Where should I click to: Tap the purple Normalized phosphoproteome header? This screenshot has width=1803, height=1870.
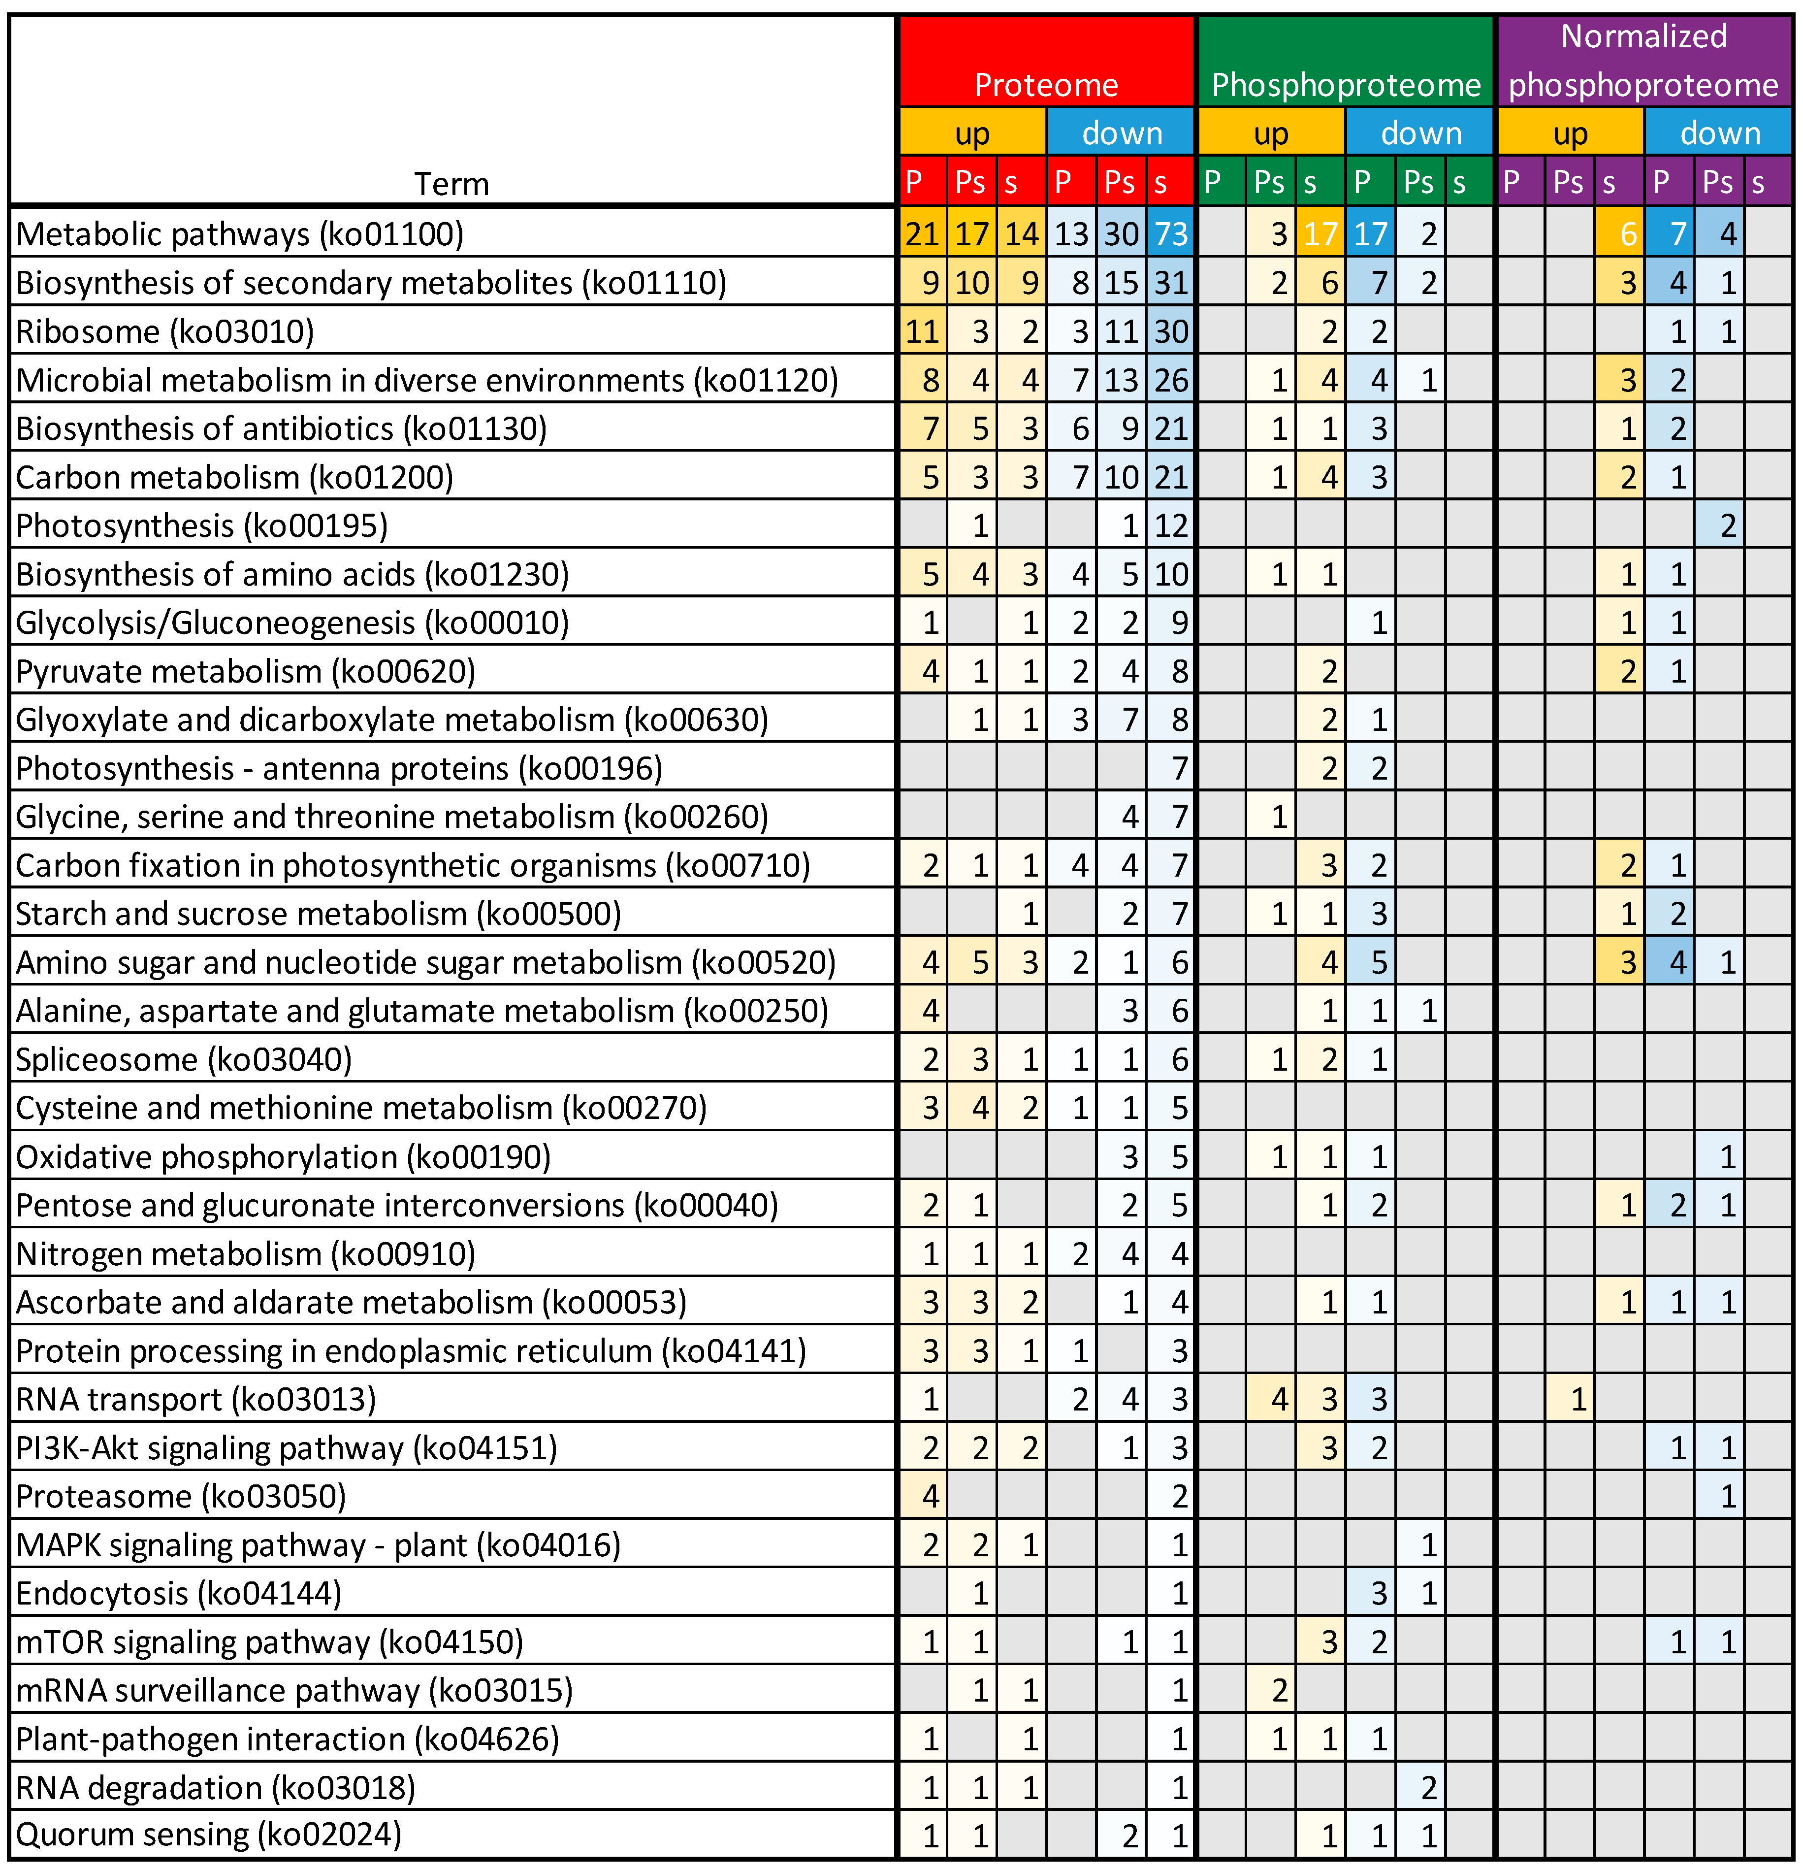pos(1643,61)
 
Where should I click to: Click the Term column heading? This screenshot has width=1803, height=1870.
pos(451,183)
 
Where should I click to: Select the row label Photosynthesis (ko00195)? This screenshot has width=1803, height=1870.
pos(202,525)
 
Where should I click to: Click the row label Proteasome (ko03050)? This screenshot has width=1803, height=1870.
pos(181,1496)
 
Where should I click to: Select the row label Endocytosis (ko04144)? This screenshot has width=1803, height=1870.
pos(178,1593)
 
